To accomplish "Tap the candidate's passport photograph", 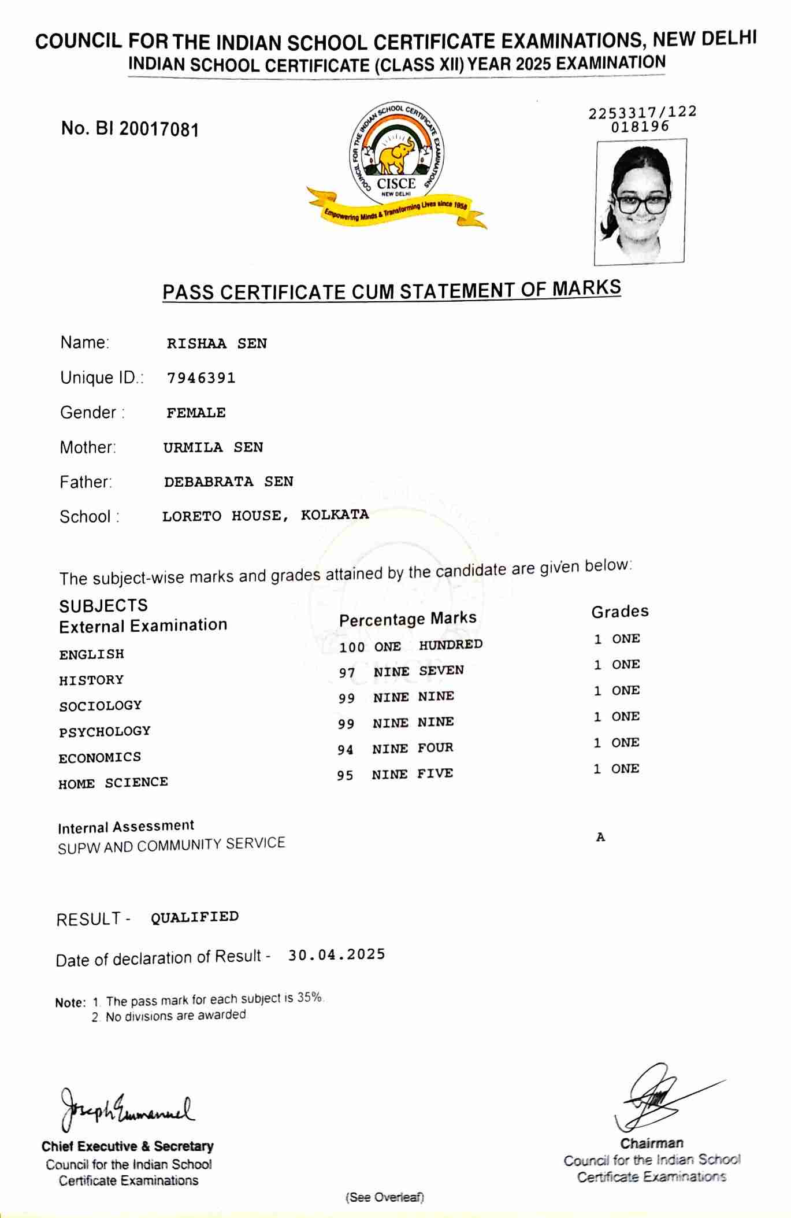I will (640, 202).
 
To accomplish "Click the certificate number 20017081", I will (159, 129).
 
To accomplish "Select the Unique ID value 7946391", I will (201, 378).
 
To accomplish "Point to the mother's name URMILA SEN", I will (213, 447).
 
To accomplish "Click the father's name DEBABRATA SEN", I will (228, 482).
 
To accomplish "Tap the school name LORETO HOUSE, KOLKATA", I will (265, 515).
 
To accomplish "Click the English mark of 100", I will (351, 647).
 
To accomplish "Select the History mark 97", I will (347, 673).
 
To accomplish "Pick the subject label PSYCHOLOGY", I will (105, 731).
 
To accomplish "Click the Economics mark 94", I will (346, 750).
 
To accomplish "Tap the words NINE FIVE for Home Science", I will (412, 774).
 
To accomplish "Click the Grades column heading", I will (619, 612).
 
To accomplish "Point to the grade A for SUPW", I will (600, 837).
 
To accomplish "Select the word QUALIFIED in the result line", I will (195, 917).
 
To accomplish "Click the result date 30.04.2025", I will (336, 954).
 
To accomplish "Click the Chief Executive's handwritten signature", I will (127, 1109).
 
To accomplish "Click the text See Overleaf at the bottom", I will (384, 1197).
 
